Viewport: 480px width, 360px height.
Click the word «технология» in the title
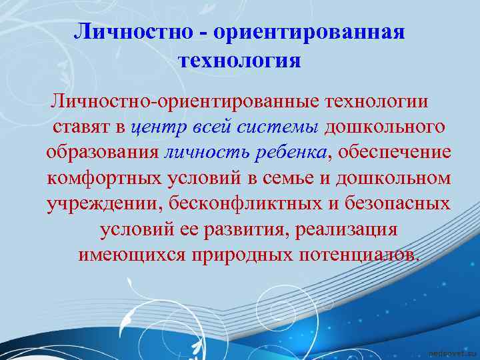pyautogui.click(x=240, y=61)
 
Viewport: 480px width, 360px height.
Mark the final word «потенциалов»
pyautogui.click(x=359, y=255)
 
